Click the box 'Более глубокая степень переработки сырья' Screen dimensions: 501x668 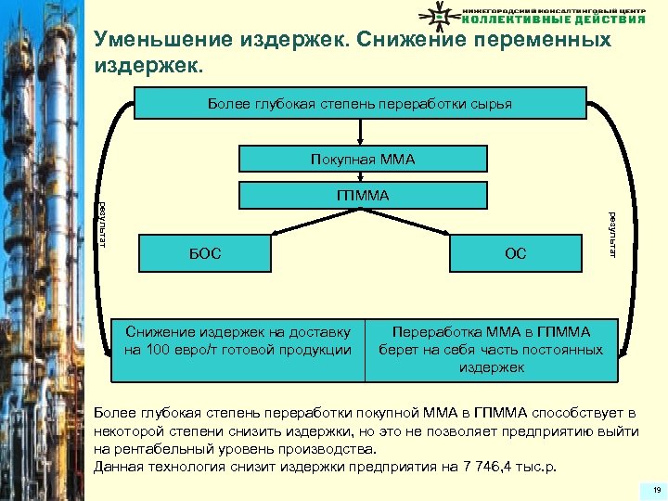coord(360,103)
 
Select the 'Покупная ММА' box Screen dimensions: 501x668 coord(363,160)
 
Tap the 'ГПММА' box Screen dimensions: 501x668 coord(363,195)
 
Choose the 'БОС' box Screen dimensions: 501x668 coord(206,252)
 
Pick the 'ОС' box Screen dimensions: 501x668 coord(515,252)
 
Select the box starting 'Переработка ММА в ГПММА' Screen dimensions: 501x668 coord(491,349)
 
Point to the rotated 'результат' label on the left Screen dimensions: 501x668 coord(102,225)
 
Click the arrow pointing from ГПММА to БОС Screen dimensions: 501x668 coord(297,222)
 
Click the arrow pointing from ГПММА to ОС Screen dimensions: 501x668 coord(427,222)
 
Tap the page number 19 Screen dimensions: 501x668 coord(656,489)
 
